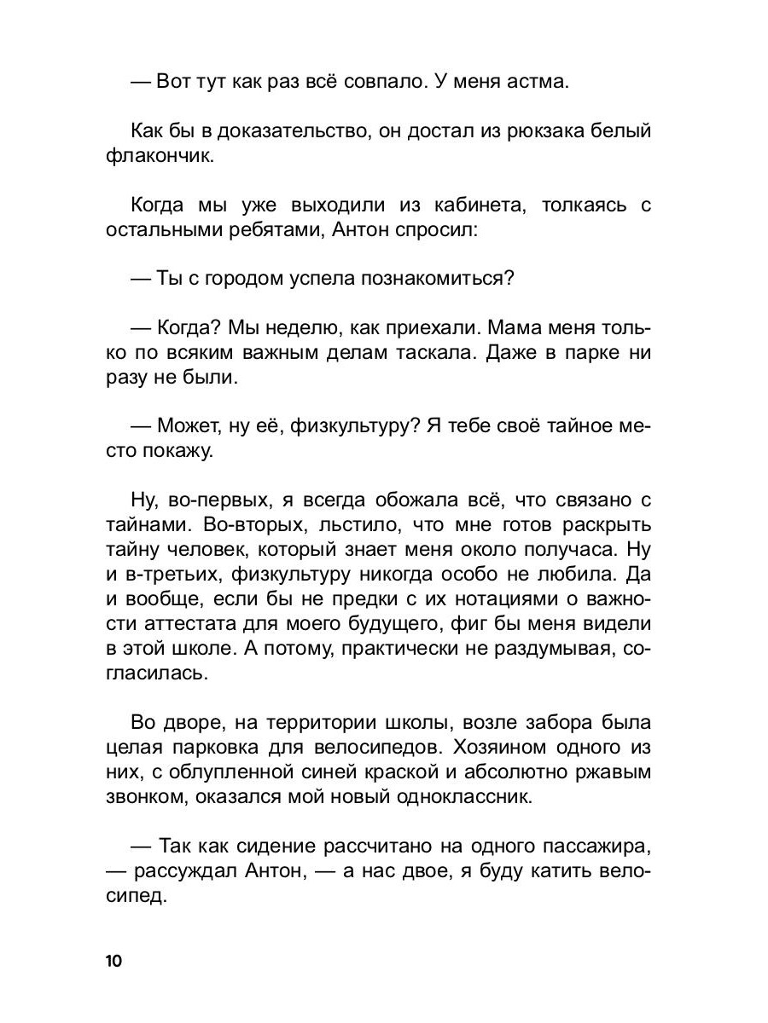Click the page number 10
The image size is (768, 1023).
pyautogui.click(x=114, y=961)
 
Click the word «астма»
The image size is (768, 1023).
pyautogui.click(x=531, y=83)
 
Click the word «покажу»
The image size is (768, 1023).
pyautogui.click(x=178, y=452)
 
